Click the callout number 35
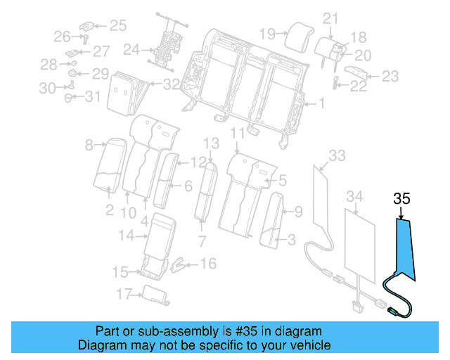coord(401,199)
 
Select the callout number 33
coord(337,155)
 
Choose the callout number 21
coord(330,19)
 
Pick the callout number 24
coord(131,50)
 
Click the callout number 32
coord(171,84)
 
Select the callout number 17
coord(124,294)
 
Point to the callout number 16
coord(209,264)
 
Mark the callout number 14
coord(126,236)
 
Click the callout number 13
coord(212,143)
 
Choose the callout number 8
coord(89,146)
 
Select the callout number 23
coord(390,76)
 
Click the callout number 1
coord(322,104)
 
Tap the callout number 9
coord(298,210)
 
